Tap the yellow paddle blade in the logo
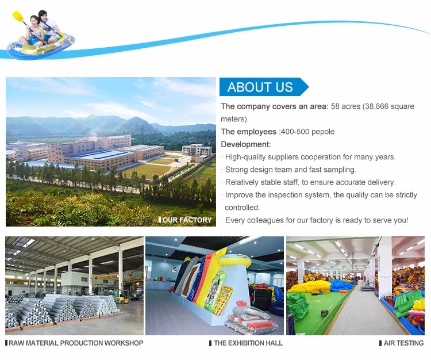(x=17, y=16)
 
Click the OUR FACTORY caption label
(x=186, y=220)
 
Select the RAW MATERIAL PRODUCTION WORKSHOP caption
(x=75, y=343)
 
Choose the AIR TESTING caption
(x=402, y=343)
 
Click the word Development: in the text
(x=245, y=144)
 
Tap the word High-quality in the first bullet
(x=245, y=157)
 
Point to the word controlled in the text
(x=242, y=208)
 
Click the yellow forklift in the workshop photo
(x=121, y=298)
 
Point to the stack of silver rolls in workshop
(x=57, y=311)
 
